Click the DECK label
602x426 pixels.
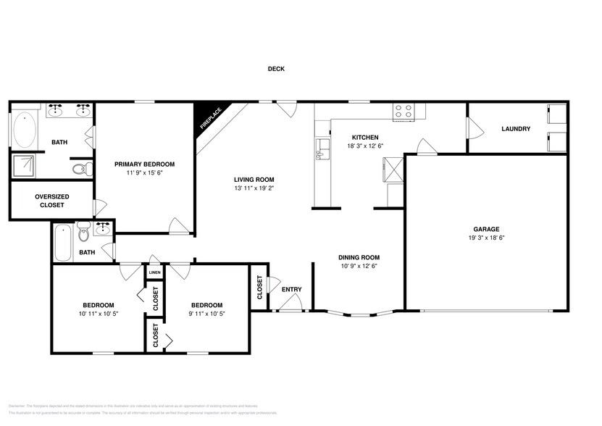pyautogui.click(x=276, y=70)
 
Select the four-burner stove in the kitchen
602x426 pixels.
pyautogui.click(x=403, y=111)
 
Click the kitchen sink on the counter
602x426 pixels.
pyautogui.click(x=319, y=152)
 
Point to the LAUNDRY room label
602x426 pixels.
pyautogui.click(x=516, y=129)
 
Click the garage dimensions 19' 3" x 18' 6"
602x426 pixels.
pyautogui.click(x=486, y=237)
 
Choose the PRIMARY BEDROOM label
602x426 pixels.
pyautogui.click(x=144, y=164)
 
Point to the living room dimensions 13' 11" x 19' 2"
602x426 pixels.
pyautogui.click(x=254, y=188)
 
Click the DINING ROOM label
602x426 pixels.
pyautogui.click(x=359, y=257)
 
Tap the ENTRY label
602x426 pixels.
pyautogui.click(x=291, y=290)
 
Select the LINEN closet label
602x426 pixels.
pyautogui.click(x=155, y=272)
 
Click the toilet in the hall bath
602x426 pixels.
pyautogui.click(x=84, y=235)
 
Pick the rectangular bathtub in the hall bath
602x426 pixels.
pyautogui.click(x=63, y=243)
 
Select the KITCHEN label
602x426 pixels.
pyautogui.click(x=365, y=138)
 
